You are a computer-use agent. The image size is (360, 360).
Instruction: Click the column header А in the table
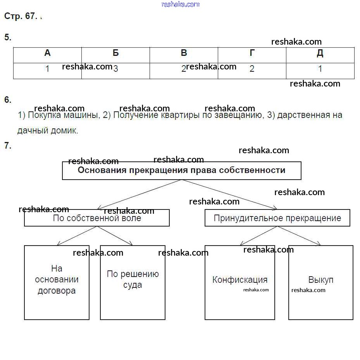(x=47, y=54)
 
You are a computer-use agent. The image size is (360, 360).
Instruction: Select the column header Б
(x=115, y=54)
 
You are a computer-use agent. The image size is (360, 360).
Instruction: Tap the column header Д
(x=320, y=54)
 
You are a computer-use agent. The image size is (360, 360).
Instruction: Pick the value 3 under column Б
(x=115, y=69)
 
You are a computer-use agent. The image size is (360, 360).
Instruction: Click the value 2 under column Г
(x=252, y=69)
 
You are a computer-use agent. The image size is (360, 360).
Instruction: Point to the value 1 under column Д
(x=320, y=69)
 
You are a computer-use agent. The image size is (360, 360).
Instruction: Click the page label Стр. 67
(x=21, y=16)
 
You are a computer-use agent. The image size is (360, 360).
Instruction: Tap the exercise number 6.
(x=8, y=100)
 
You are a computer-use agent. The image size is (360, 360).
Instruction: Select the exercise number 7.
(x=8, y=146)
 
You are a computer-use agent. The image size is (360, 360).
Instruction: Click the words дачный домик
(x=48, y=131)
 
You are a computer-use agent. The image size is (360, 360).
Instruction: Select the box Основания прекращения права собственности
(x=181, y=171)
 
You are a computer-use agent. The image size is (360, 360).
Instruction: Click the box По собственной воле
(x=97, y=218)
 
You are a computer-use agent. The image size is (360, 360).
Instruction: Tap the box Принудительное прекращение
(x=277, y=218)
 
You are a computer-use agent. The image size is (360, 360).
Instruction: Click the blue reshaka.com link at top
(x=180, y=4)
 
